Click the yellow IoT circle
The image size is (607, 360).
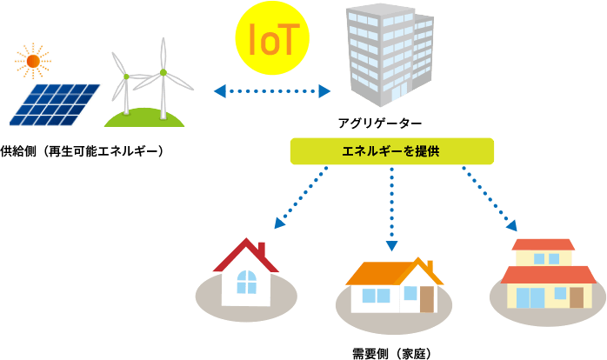click(x=273, y=37)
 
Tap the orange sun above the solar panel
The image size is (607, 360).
click(x=33, y=60)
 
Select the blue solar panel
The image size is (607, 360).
click(x=56, y=104)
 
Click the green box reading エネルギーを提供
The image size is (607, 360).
click(x=391, y=151)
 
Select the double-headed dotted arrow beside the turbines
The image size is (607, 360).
click(x=272, y=90)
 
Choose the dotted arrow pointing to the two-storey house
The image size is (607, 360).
click(x=490, y=198)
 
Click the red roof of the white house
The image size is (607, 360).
click(x=235, y=256)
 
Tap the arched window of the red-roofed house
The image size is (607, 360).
click(x=247, y=282)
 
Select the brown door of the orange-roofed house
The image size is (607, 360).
click(x=427, y=299)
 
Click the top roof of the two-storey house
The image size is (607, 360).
click(x=544, y=244)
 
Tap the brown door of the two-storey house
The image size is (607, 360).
click(x=576, y=297)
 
